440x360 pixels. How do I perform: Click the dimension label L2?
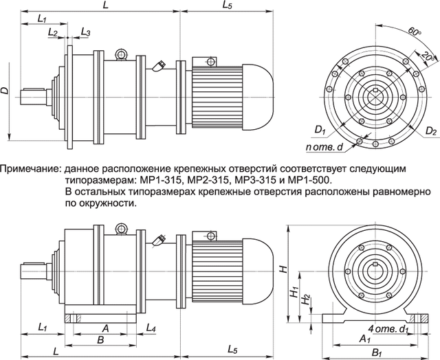53,32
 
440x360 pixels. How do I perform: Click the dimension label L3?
85,32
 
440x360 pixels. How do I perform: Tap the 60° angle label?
412,32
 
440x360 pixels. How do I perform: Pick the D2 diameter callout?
431,128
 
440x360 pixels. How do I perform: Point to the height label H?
281,270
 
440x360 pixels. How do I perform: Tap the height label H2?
305,300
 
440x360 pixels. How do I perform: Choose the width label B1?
375,353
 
